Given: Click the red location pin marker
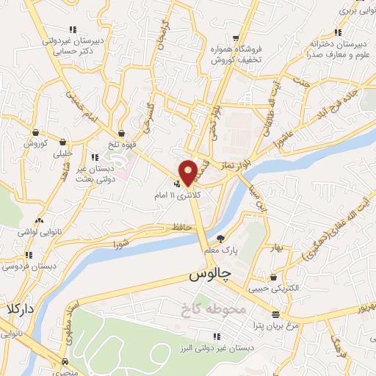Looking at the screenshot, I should [188, 172].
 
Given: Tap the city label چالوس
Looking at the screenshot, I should [210, 275].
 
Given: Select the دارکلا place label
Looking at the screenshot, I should [21, 308].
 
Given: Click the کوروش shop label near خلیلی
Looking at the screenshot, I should [35, 143].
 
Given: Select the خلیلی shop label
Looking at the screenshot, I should [64, 154].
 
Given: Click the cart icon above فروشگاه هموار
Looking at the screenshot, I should [235, 39].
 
